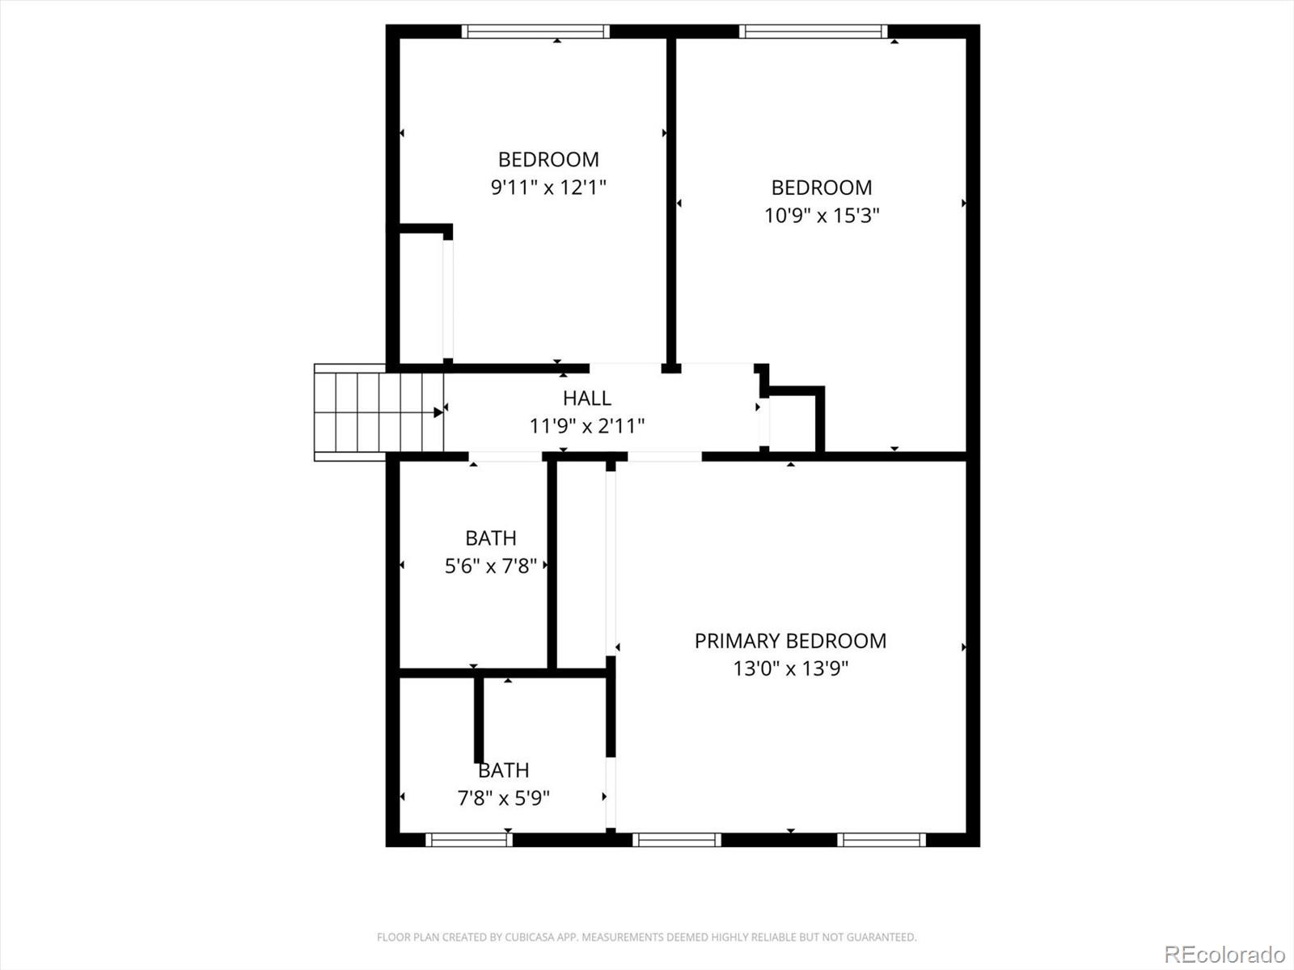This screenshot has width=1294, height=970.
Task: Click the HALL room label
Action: (x=586, y=398)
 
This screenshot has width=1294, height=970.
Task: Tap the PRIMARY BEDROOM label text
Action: (x=790, y=641)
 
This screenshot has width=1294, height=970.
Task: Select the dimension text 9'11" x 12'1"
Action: (x=548, y=188)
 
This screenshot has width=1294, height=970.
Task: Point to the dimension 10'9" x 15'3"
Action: (x=822, y=216)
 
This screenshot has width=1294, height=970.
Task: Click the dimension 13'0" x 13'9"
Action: (x=790, y=668)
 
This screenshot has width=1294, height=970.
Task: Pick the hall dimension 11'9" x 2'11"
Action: (x=586, y=425)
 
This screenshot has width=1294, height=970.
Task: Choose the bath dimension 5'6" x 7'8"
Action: (x=490, y=566)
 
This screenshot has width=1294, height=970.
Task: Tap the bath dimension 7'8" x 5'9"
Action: (x=503, y=798)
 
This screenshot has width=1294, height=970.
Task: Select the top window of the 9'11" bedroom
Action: (x=535, y=32)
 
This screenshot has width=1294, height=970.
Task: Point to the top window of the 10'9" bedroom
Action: (x=813, y=32)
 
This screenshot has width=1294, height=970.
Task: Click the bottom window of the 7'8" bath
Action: (x=469, y=840)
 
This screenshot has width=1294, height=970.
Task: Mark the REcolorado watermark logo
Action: (x=1224, y=954)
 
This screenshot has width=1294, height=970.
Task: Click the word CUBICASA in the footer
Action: (x=528, y=938)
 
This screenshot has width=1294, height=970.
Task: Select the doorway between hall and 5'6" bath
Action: (x=505, y=457)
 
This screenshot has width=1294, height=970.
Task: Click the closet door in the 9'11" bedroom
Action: (x=447, y=299)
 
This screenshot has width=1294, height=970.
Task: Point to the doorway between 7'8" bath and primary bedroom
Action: (x=611, y=792)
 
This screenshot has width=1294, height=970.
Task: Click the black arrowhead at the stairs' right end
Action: (x=438, y=412)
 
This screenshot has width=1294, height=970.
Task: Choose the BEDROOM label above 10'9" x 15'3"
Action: (x=822, y=188)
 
